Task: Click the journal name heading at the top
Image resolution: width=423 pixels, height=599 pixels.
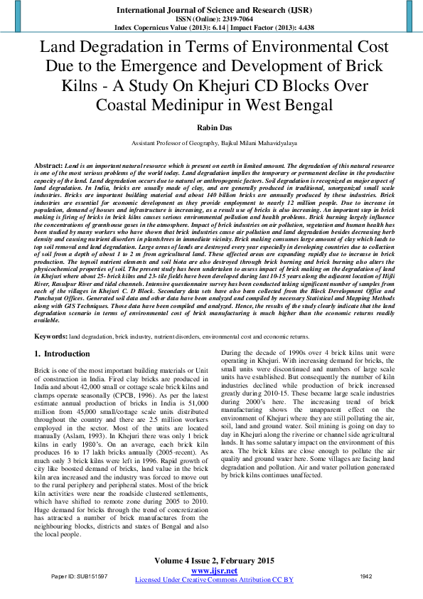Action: [210, 11]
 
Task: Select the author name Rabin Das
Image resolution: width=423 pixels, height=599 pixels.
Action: [210, 128]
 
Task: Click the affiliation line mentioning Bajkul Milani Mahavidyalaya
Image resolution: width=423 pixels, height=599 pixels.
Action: [210, 143]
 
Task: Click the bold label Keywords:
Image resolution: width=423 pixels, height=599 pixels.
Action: [51, 334]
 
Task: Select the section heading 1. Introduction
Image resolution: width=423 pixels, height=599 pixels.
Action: [62, 354]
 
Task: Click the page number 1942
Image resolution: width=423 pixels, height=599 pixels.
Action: [366, 576]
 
